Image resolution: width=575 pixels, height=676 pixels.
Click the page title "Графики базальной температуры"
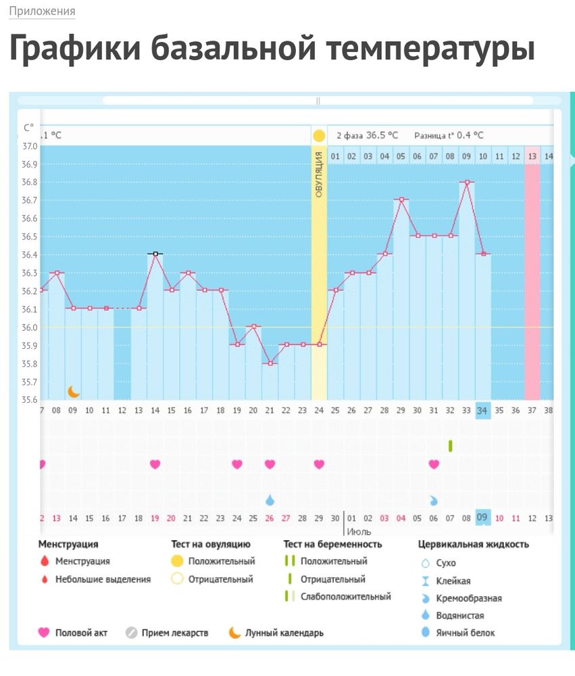(x=272, y=49)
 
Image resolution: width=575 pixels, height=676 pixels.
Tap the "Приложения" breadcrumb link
(x=42, y=11)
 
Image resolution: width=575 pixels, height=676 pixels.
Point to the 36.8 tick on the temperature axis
(x=29, y=183)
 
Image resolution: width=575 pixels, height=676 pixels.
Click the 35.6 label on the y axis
(x=29, y=400)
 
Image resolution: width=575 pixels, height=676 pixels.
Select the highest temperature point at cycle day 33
(x=466, y=182)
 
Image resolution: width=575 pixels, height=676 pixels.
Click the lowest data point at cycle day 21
(x=270, y=363)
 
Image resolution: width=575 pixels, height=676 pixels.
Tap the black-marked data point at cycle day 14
(x=155, y=254)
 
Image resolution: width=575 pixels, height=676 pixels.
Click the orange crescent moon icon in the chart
(x=74, y=391)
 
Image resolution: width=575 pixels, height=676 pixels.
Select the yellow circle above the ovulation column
(x=319, y=135)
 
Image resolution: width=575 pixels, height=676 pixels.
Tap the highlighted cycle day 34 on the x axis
(x=482, y=410)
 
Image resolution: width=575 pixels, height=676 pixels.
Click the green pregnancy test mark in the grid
(x=450, y=445)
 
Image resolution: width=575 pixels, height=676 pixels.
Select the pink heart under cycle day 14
(x=155, y=464)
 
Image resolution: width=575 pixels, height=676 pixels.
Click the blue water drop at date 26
(x=270, y=500)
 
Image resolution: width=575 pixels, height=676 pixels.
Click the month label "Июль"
(x=359, y=532)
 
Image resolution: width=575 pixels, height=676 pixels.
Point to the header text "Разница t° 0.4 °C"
(x=449, y=135)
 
